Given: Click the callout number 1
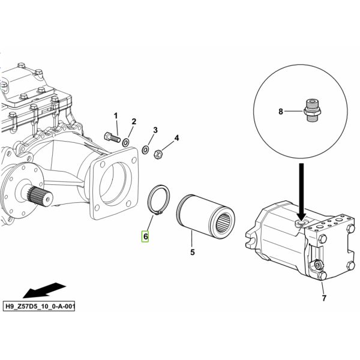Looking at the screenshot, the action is tap(116, 116).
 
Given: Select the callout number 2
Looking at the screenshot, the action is tap(134, 121).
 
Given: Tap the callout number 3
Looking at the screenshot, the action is tap(155, 130).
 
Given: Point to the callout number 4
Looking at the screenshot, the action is tap(176, 138).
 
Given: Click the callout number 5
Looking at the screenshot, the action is tap(193, 252).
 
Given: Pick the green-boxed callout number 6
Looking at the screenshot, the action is tap(145, 236).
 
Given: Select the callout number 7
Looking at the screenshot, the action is tap(324, 298).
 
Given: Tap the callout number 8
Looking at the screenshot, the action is tap(281, 112).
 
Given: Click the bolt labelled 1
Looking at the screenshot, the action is tap(112, 137).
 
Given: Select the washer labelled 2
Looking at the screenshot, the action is tap(125, 143).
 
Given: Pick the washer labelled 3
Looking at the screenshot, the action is tap(145, 149).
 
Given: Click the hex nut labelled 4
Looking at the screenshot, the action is tap(158, 154).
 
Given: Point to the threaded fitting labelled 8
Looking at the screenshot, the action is tap(311, 110).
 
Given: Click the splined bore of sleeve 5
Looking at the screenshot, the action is tap(223, 222).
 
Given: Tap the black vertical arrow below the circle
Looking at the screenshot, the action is tap(301, 193).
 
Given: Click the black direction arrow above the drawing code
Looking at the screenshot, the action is tap(44, 290).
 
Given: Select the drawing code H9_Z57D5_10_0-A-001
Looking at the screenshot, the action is tap(39, 306).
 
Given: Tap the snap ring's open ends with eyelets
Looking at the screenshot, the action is tap(158, 214).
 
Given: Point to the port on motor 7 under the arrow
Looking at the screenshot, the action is tap(301, 223).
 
